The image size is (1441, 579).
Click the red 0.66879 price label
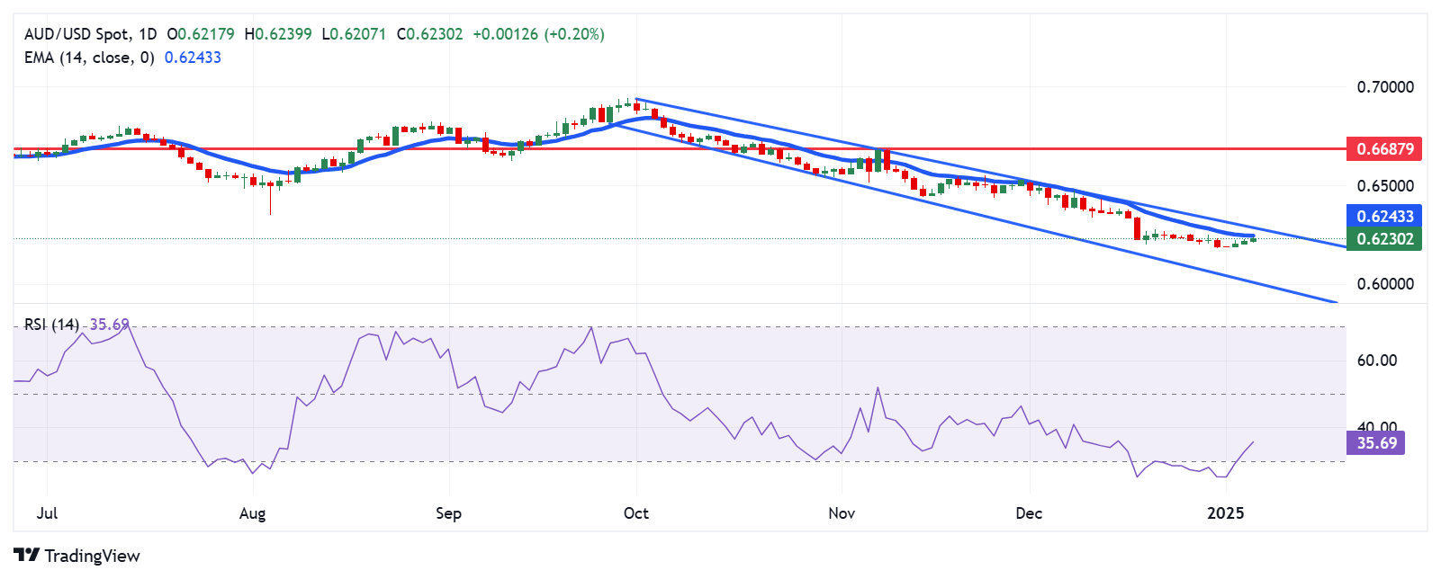(x=1384, y=149)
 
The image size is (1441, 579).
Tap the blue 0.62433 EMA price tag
(x=1384, y=216)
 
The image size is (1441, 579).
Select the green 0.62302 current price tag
(x=1384, y=239)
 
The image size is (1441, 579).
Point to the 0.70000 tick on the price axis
(x=1384, y=87)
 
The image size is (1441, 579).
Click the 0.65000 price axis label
(x=1384, y=186)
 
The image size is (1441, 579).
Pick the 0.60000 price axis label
(x=1384, y=284)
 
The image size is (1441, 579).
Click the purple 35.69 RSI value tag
(x=1376, y=443)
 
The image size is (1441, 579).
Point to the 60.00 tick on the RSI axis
(x=1376, y=361)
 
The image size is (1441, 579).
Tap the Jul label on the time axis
(x=47, y=513)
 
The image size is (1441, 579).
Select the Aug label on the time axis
(x=253, y=513)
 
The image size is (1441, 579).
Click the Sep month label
(x=448, y=513)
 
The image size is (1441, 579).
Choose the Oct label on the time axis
(x=636, y=513)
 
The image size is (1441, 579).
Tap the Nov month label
(x=842, y=513)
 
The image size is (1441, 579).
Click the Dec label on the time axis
(x=1029, y=513)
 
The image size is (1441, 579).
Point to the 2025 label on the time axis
(x=1226, y=513)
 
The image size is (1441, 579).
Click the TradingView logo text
(x=92, y=556)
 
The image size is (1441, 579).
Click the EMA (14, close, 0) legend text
(x=89, y=58)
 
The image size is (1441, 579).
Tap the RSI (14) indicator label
(x=51, y=325)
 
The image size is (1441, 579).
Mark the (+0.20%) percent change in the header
(x=574, y=34)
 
